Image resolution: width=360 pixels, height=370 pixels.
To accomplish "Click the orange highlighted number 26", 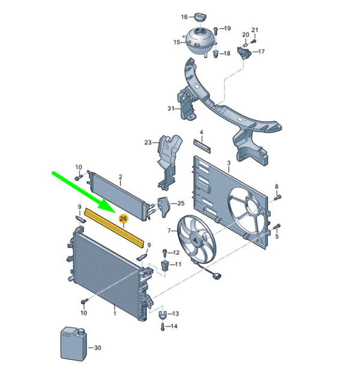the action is pos(123,219).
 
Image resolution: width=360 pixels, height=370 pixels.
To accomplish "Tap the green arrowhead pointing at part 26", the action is pos(107,205).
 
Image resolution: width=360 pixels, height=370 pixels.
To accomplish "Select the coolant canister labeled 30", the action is pos(74,344).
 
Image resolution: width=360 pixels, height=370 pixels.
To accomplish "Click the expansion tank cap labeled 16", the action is pos(200,17).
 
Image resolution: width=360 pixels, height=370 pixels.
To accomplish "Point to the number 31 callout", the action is pos(171,109).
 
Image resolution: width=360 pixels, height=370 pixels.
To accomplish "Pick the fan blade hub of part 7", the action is pos(195,239).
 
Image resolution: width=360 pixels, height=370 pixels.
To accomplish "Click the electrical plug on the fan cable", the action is pos(217,276).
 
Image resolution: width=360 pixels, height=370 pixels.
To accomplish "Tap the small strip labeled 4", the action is pos(202,146).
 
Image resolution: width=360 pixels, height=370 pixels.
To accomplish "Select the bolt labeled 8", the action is pos(277,197).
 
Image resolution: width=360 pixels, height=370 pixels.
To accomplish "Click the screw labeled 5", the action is pos(277,227).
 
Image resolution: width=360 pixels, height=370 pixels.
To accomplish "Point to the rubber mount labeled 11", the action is pos(165,266).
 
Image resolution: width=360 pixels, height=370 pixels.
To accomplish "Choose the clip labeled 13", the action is pos(162,315).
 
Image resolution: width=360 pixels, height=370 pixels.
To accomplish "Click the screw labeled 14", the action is pos(163,327).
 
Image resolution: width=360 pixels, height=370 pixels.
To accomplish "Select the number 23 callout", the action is pos(148,143).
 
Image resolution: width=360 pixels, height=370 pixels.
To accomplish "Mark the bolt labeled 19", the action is pos(215,30).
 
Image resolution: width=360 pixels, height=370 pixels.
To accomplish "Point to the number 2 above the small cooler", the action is pos(121,177).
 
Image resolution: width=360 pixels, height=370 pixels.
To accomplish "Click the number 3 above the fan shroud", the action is pos(229,163).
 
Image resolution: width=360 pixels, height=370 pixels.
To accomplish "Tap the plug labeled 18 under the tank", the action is pos(215,54).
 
